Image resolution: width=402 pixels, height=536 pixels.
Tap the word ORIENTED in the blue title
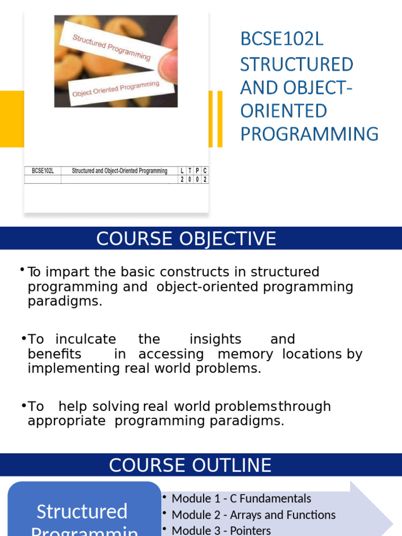point(284,111)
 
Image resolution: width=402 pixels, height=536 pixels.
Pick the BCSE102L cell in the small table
point(43,171)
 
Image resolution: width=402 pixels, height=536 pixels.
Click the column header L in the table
point(182,171)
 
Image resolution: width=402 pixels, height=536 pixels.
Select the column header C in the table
point(205,171)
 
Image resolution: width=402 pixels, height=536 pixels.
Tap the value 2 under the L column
point(182,180)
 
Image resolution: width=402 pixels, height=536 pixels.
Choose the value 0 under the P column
point(197,180)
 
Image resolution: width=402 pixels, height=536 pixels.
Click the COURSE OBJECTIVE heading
point(186,239)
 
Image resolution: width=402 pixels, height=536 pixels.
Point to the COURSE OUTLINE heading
point(190,465)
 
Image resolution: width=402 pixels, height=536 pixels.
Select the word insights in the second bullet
point(215,339)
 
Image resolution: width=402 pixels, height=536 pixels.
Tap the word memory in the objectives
point(245,354)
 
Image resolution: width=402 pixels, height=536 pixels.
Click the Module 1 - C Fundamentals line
point(241,498)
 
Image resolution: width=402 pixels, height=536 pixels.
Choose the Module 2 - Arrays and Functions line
point(253,515)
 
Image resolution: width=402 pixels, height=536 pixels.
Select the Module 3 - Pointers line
point(221,530)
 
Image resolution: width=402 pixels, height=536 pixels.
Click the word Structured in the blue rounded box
point(82,511)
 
